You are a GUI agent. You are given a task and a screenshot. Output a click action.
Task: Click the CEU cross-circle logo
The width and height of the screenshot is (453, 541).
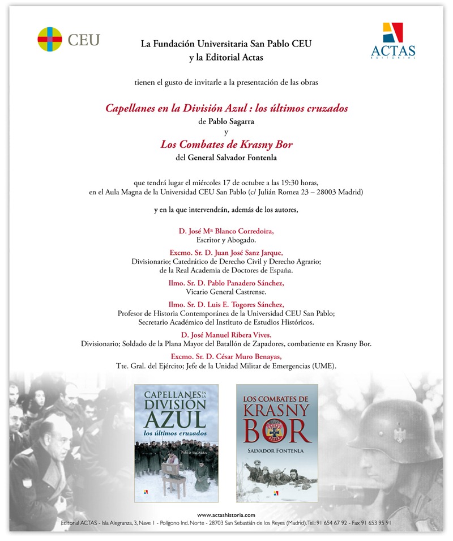click(x=50, y=39)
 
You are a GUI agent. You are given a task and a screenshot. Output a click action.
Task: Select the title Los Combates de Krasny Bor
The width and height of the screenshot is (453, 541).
click(x=226, y=144)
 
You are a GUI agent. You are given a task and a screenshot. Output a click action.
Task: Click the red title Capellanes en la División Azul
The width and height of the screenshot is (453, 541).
click(x=226, y=108)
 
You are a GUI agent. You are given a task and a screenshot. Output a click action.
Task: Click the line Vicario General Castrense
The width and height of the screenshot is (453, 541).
click(x=226, y=291)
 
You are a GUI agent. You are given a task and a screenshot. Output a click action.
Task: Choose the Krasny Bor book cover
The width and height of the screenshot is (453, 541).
click(x=277, y=442)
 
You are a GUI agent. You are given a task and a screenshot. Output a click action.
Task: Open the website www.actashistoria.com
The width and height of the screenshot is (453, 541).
click(x=226, y=514)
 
